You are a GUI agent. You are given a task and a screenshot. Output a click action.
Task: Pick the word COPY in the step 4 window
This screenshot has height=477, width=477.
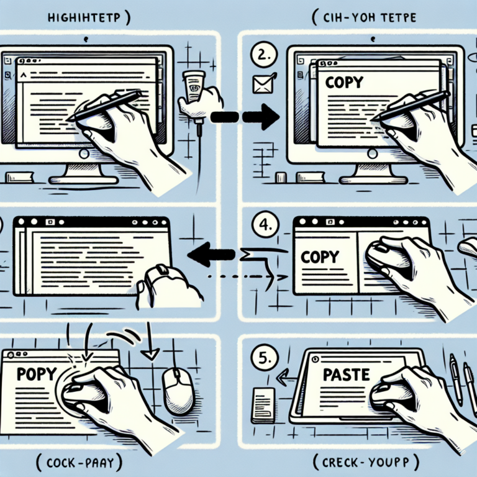tap(320, 255)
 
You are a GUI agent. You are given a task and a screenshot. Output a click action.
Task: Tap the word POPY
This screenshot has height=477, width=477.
tap(36, 376)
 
